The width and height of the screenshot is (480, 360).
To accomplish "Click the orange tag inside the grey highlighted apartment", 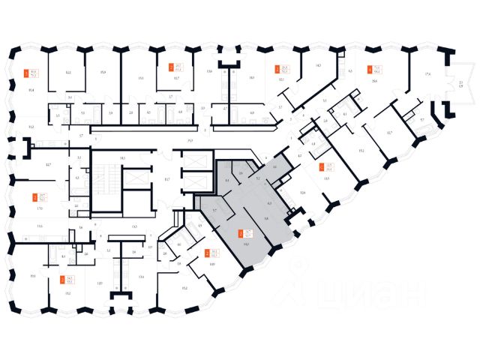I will pyautogui.click(x=241, y=234).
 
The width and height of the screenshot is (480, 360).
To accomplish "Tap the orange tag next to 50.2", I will pyautogui.click(x=277, y=67).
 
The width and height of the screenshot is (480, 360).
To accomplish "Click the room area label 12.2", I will pyautogui.click(x=67, y=73).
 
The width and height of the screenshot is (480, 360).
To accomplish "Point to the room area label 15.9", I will pyautogui.click(x=103, y=73).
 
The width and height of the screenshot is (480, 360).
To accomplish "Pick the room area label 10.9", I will pyautogui.click(x=212, y=265).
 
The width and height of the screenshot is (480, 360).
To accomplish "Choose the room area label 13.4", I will pyautogui.click(x=141, y=277).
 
